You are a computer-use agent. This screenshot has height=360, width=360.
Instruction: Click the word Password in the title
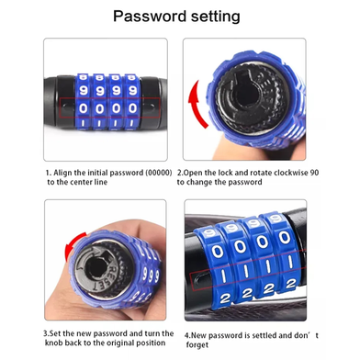pyautogui.click(x=150, y=16)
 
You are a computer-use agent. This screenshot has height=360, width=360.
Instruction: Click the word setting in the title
pyautogui.click(x=216, y=17)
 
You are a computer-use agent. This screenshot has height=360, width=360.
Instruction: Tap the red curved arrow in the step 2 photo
pyautogui.click(x=196, y=104)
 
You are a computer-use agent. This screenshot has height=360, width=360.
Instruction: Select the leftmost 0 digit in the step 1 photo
pyautogui.click(x=84, y=108)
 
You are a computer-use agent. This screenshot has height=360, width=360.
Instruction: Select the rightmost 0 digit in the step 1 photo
pyautogui.click(x=132, y=108)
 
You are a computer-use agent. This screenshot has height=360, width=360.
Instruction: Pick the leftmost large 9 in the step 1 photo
pyautogui.click(x=84, y=91)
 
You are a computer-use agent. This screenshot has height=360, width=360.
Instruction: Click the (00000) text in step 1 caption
pyautogui.click(x=158, y=173)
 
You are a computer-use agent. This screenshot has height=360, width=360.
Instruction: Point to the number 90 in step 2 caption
pyautogui.click(x=314, y=173)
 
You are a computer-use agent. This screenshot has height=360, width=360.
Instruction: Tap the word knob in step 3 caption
pyautogui.click(x=54, y=343)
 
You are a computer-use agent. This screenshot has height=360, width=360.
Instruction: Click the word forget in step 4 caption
pyautogui.click(x=197, y=345)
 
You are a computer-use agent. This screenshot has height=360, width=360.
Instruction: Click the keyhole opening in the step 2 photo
pyautogui.click(x=245, y=97)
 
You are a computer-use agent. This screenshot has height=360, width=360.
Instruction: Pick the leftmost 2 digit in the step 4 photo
pyautogui.click(x=225, y=298)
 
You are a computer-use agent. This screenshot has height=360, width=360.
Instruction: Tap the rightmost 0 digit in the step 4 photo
pyautogui.click(x=284, y=238)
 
